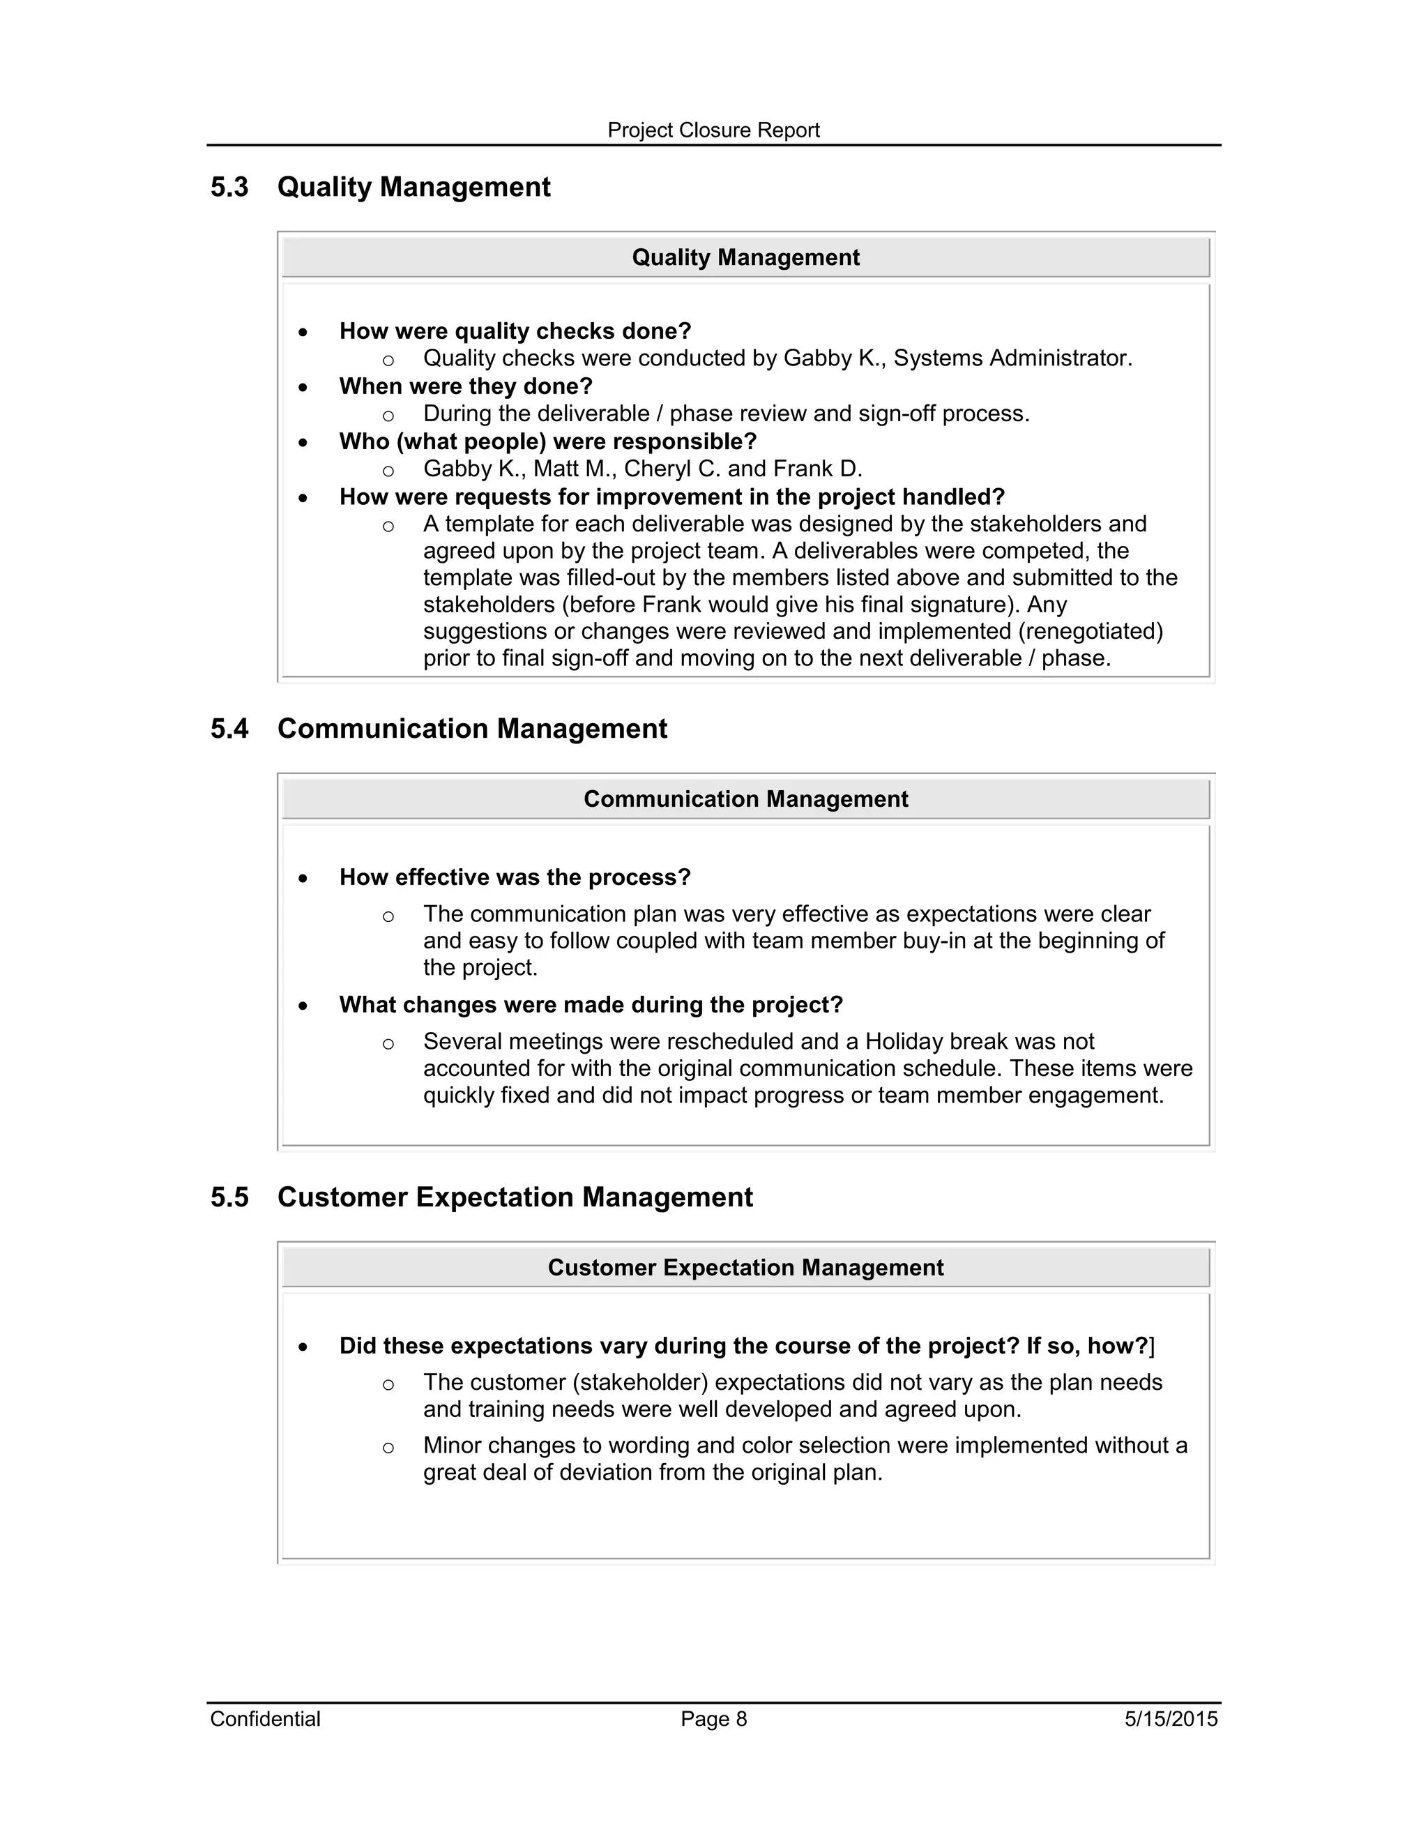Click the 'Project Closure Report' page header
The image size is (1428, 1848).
(713, 130)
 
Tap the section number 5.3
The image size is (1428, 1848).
(229, 187)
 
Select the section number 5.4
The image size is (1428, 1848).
(229, 729)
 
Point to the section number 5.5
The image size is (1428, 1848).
(229, 1197)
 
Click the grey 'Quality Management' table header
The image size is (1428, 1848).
(745, 257)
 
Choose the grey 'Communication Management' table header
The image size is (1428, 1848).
(745, 798)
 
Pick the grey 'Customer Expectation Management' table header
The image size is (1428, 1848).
(745, 1268)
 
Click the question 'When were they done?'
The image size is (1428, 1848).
(465, 387)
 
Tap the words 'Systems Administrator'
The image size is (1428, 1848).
(1012, 358)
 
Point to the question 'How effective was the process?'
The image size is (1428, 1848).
(515, 877)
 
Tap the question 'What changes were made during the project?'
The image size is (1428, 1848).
(591, 1005)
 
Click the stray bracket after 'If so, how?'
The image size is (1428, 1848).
(1152, 1346)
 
